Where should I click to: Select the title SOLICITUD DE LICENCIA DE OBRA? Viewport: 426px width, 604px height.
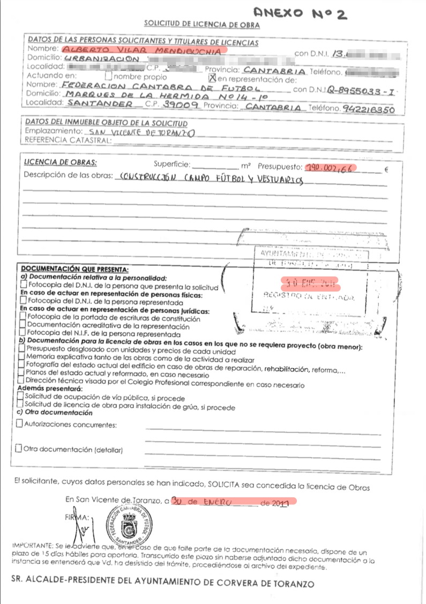[x=201, y=25]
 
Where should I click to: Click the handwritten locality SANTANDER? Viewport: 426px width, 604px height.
[x=93, y=103]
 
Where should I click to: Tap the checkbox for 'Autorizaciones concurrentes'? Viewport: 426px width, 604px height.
[x=19, y=424]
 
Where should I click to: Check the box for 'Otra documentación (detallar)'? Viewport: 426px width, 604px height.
[x=19, y=448]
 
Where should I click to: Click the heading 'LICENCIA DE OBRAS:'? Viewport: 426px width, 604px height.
[x=61, y=162]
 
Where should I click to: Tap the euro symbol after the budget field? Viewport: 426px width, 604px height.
[x=386, y=171]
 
